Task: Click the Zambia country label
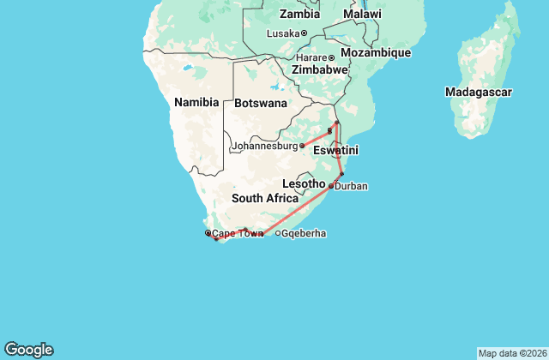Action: click(x=300, y=14)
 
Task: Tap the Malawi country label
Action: click(x=362, y=14)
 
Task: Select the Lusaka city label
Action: click(x=283, y=33)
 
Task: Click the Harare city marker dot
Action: click(x=332, y=57)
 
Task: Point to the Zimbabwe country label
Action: click(x=319, y=69)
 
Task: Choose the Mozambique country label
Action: click(x=377, y=52)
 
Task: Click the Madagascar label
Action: click(x=479, y=92)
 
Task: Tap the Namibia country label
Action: click(x=196, y=102)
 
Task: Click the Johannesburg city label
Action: click(x=263, y=147)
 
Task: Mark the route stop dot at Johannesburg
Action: click(x=302, y=146)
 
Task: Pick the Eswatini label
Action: click(x=335, y=150)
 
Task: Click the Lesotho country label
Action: click(x=304, y=183)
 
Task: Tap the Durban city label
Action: click(x=352, y=186)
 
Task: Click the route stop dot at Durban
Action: click(x=331, y=185)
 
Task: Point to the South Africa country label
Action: click(x=265, y=198)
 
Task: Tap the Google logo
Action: click(x=28, y=350)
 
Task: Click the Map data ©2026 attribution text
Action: click(x=511, y=353)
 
